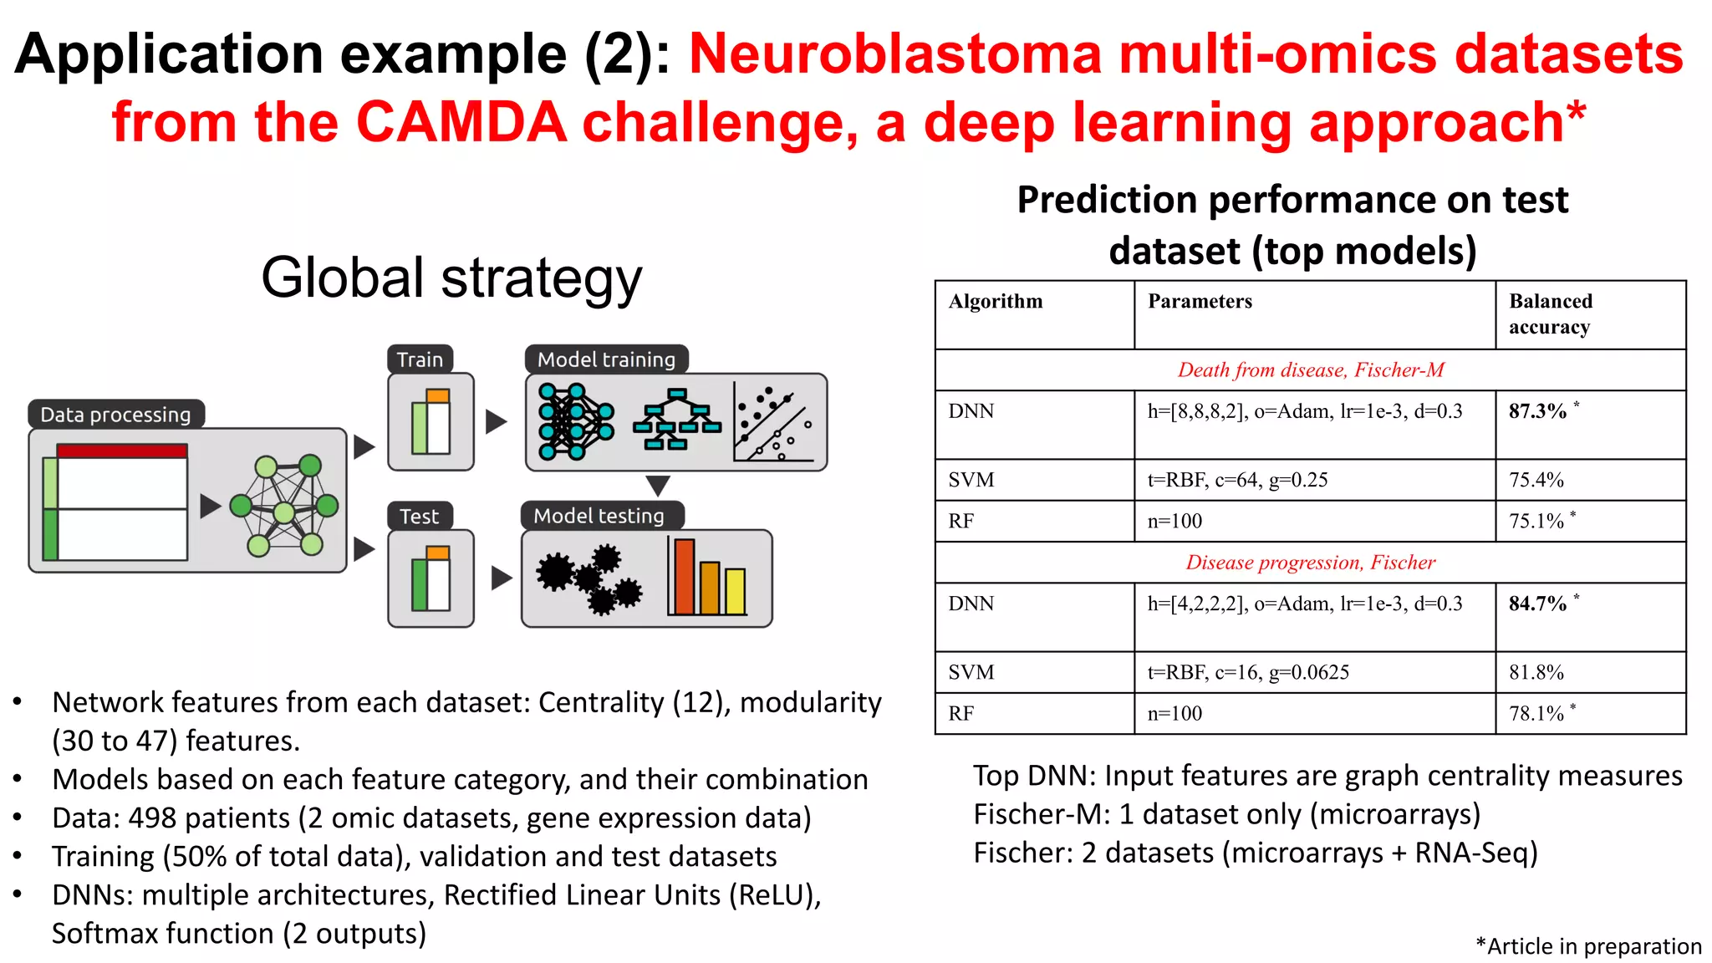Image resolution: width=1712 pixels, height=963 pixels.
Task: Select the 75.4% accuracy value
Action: coord(1536,480)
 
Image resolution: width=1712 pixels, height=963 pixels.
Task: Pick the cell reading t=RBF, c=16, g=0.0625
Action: coord(1248,672)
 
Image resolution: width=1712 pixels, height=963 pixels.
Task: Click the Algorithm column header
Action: coord(996,302)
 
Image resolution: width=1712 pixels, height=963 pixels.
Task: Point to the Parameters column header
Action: coord(1200,302)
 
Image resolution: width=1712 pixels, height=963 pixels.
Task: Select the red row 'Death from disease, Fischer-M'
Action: coord(1310,370)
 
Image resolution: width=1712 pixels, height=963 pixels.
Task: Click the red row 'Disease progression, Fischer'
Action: coord(1310,563)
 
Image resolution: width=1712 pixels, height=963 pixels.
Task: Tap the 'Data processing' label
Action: coord(115,415)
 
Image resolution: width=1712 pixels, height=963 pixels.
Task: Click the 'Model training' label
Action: coord(606,359)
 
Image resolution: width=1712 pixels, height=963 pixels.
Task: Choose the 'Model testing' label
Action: coord(599,516)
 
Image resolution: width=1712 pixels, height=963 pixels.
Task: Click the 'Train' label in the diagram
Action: coord(420,359)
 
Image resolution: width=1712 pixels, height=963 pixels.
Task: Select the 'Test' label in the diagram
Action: coord(419,517)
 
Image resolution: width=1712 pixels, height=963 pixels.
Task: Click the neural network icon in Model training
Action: coord(576,422)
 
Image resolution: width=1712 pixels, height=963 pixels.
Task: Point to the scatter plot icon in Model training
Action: coord(773,422)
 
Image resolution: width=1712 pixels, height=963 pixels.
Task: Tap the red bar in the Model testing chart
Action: coord(685,577)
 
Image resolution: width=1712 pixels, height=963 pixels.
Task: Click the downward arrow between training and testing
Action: coord(658,486)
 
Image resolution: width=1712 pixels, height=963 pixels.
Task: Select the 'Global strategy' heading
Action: coord(451,278)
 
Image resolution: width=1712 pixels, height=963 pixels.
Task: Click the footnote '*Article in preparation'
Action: coord(1588,946)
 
